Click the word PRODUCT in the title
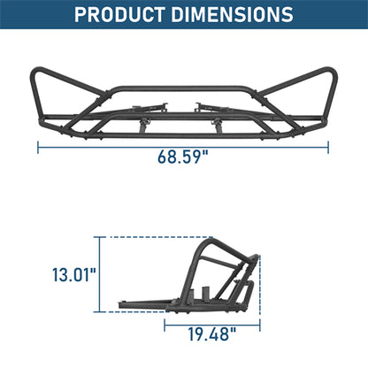click(x=122, y=15)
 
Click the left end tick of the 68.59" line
click(x=38, y=147)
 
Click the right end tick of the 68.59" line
click(x=328, y=147)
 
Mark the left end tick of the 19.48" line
click(x=165, y=325)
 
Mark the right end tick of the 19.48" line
click(x=262, y=325)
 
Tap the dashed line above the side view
click(x=159, y=237)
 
